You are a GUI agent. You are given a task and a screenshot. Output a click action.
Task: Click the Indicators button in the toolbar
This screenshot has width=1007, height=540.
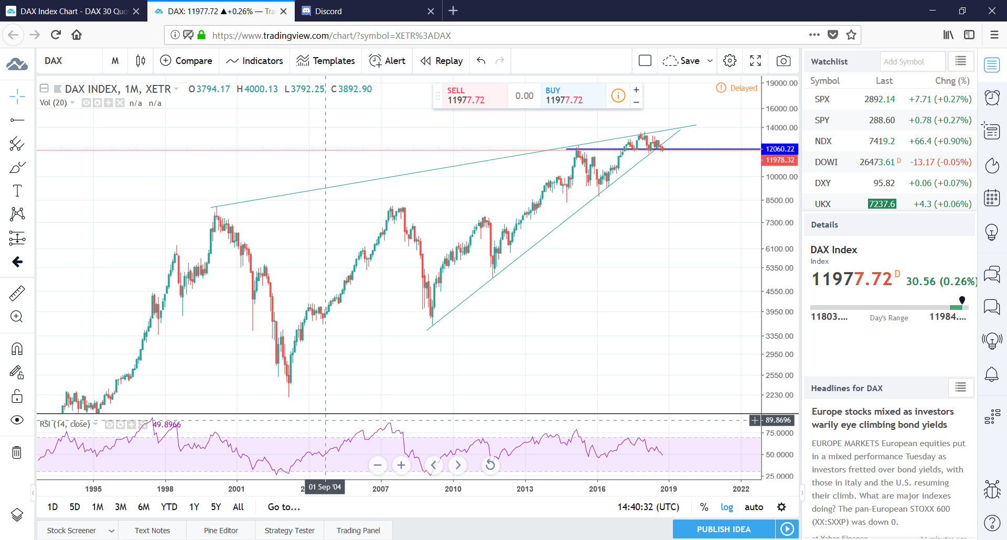(255, 61)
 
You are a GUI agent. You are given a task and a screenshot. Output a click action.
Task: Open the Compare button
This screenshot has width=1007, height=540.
(186, 61)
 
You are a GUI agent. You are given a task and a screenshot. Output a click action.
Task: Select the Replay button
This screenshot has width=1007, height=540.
(442, 61)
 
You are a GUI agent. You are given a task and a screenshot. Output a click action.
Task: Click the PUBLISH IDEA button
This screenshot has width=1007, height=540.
(723, 529)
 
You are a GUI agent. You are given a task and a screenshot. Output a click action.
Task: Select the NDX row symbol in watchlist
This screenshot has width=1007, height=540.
(823, 141)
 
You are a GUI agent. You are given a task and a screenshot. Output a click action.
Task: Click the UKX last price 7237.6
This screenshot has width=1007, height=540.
(882, 204)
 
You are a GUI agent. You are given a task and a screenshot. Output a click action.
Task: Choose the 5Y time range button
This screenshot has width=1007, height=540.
(216, 507)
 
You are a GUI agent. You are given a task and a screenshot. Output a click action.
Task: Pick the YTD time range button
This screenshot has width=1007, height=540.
(169, 507)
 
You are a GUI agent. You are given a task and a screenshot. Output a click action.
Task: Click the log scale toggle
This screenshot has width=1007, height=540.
(726, 507)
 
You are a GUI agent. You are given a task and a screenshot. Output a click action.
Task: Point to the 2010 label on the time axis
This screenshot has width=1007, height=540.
(453, 489)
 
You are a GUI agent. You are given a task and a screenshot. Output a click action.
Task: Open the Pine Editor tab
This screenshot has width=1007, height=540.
(221, 531)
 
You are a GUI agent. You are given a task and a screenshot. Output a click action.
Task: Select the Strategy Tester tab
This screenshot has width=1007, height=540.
(290, 531)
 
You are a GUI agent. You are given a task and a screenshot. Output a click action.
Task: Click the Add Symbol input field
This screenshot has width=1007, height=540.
(912, 61)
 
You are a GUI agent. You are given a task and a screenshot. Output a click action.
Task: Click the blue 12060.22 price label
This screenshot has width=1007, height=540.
(780, 149)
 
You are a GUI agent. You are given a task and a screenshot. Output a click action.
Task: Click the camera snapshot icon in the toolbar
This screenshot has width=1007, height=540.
(784, 61)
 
